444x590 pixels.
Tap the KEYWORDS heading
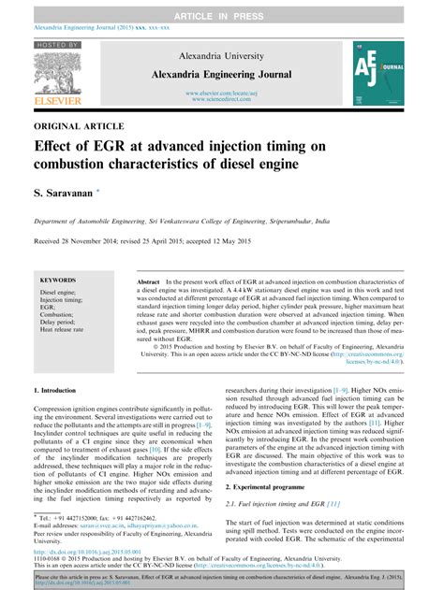click(x=58, y=280)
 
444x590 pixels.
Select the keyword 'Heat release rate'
click(x=65, y=330)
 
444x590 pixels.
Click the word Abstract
click(x=150, y=281)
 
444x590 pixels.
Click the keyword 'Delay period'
click(x=60, y=322)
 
